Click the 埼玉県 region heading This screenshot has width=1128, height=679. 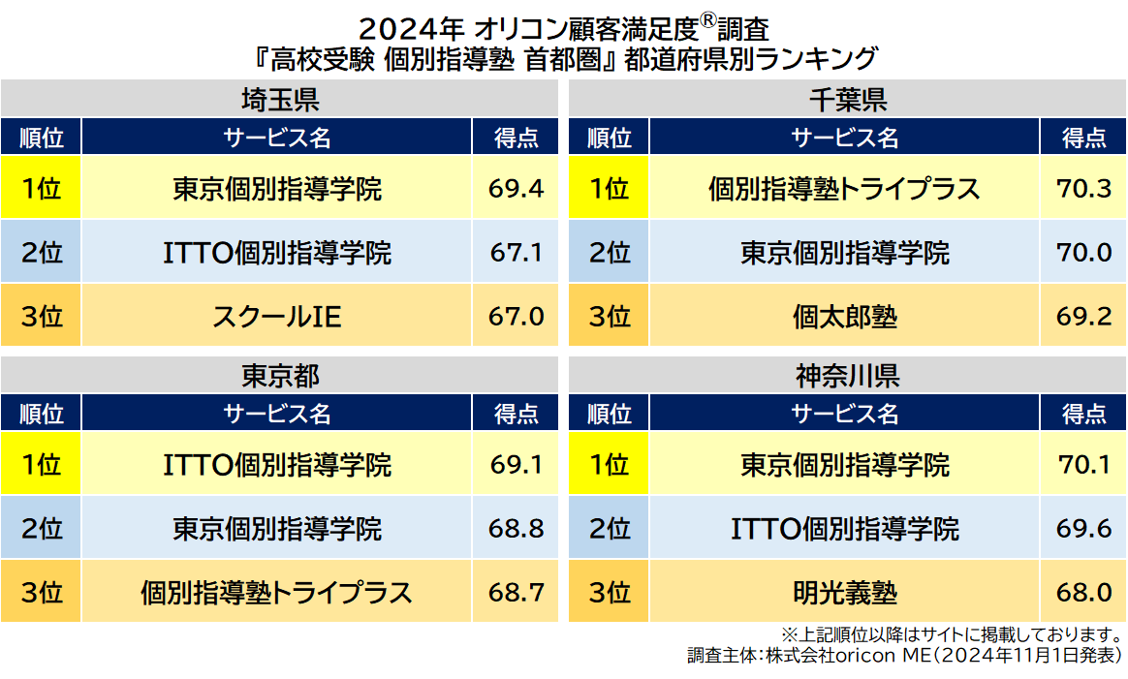coord(280,100)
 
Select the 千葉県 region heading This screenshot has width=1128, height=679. coord(847,100)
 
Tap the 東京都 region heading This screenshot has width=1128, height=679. coord(280,376)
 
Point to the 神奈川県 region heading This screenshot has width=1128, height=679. coord(847,376)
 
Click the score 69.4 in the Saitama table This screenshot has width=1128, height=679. coord(516,188)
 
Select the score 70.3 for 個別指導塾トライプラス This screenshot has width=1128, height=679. coord(1083,188)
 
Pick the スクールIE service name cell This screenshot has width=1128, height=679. coord(277,316)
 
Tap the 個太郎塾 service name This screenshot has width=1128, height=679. coord(845,316)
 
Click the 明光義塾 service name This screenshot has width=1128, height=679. coord(845,592)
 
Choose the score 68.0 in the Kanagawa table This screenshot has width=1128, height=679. coord(1083,592)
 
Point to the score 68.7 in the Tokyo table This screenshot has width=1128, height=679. coord(516,592)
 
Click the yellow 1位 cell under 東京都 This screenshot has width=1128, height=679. coord(41,465)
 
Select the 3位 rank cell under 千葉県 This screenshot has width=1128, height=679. coord(610,316)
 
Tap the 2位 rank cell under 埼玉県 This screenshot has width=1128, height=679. coord(41,253)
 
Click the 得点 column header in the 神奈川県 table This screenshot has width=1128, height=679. coord(1083,414)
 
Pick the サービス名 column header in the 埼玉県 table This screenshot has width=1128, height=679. coord(277,138)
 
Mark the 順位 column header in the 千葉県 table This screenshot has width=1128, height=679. coord(610,138)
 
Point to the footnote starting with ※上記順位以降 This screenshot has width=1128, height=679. coord(952,635)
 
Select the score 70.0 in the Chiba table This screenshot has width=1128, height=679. coord(1083,253)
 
